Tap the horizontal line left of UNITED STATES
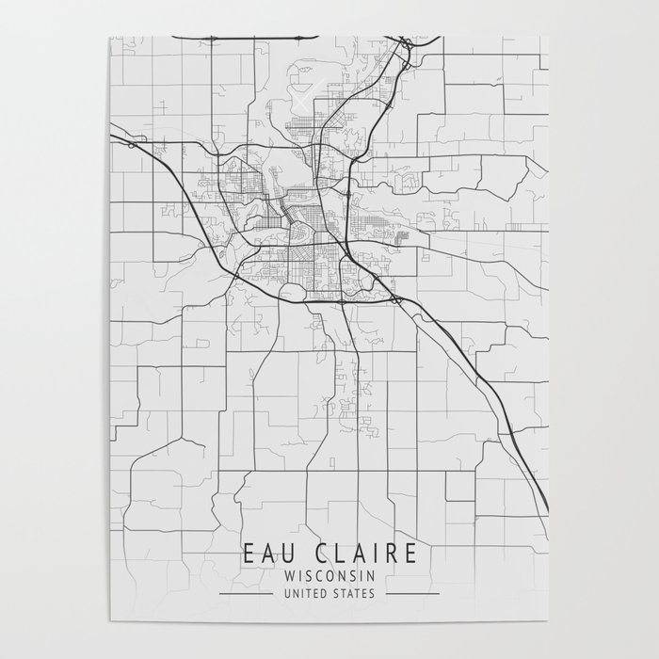pyautogui.click(x=242, y=594)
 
